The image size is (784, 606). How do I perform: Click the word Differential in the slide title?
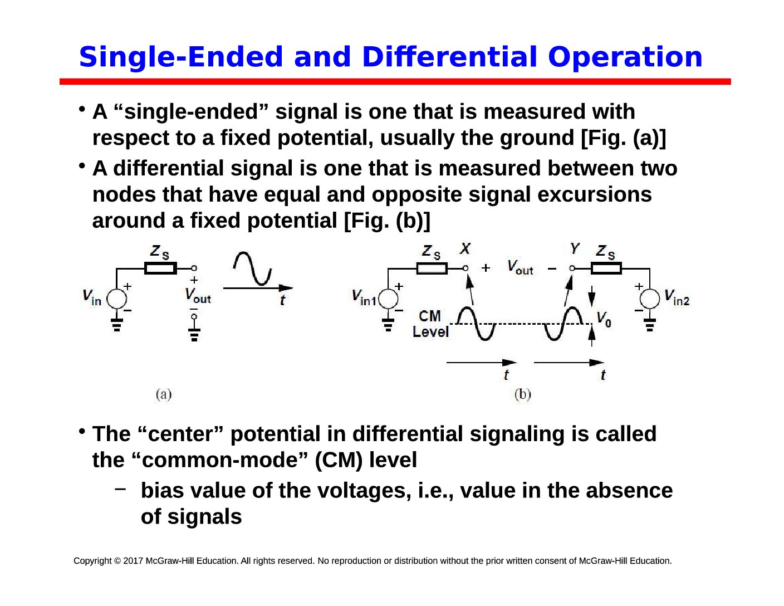point(449,57)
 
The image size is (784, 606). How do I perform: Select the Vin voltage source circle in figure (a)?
point(116,299)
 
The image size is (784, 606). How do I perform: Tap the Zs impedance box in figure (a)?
point(160,268)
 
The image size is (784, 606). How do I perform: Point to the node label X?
point(465,248)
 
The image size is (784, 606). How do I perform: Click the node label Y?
point(575,248)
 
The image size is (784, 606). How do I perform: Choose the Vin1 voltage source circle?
point(388,299)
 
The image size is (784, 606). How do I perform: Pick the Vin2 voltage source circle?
point(649,299)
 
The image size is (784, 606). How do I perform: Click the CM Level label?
point(430,324)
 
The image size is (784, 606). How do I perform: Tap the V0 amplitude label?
point(603,319)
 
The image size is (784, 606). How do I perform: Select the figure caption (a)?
point(164,394)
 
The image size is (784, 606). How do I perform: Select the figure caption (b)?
point(522,394)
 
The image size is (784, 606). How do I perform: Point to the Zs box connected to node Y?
point(606,268)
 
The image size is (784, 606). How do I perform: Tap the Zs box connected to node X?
point(432,268)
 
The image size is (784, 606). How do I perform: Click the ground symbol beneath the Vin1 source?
point(388,325)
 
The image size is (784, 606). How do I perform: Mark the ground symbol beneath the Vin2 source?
point(649,325)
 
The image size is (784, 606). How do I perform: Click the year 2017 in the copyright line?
point(133,560)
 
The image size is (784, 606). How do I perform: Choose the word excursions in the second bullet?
point(594,194)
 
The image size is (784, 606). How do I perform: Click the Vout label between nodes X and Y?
point(520,267)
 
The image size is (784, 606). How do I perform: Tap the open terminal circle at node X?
point(465,268)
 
